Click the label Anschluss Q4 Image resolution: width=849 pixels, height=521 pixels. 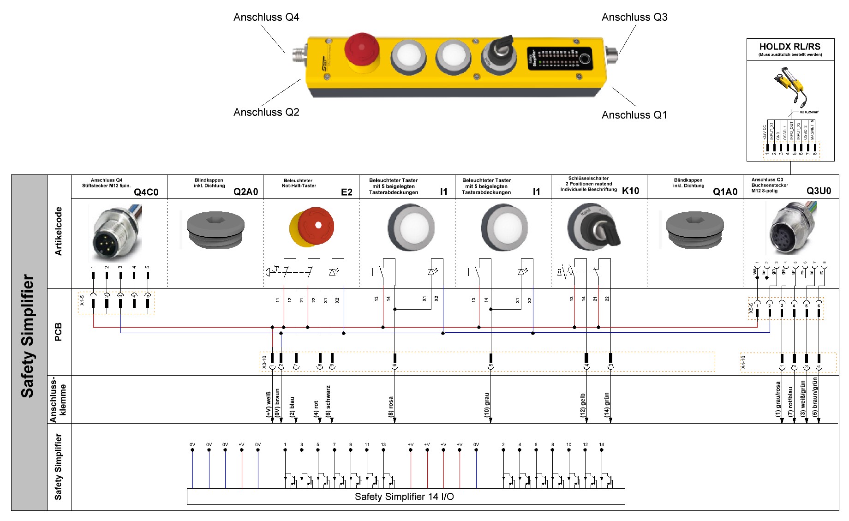[x=266, y=18]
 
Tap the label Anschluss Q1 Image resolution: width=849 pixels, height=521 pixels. [x=634, y=115]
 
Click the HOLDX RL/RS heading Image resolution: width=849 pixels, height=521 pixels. [x=789, y=47]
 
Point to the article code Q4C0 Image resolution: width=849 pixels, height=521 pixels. [x=146, y=192]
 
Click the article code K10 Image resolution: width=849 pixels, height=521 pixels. [x=630, y=191]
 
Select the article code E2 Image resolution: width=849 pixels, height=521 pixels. [x=347, y=192]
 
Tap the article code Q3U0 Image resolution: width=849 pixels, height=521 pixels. [x=819, y=191]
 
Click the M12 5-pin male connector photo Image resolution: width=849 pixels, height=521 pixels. [x=116, y=233]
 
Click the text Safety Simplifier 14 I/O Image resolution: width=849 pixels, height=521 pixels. [x=404, y=497]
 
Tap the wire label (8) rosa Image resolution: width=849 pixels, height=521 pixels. [x=391, y=407]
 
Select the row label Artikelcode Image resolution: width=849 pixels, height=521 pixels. [x=58, y=231]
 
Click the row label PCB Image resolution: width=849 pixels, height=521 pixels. [x=58, y=332]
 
